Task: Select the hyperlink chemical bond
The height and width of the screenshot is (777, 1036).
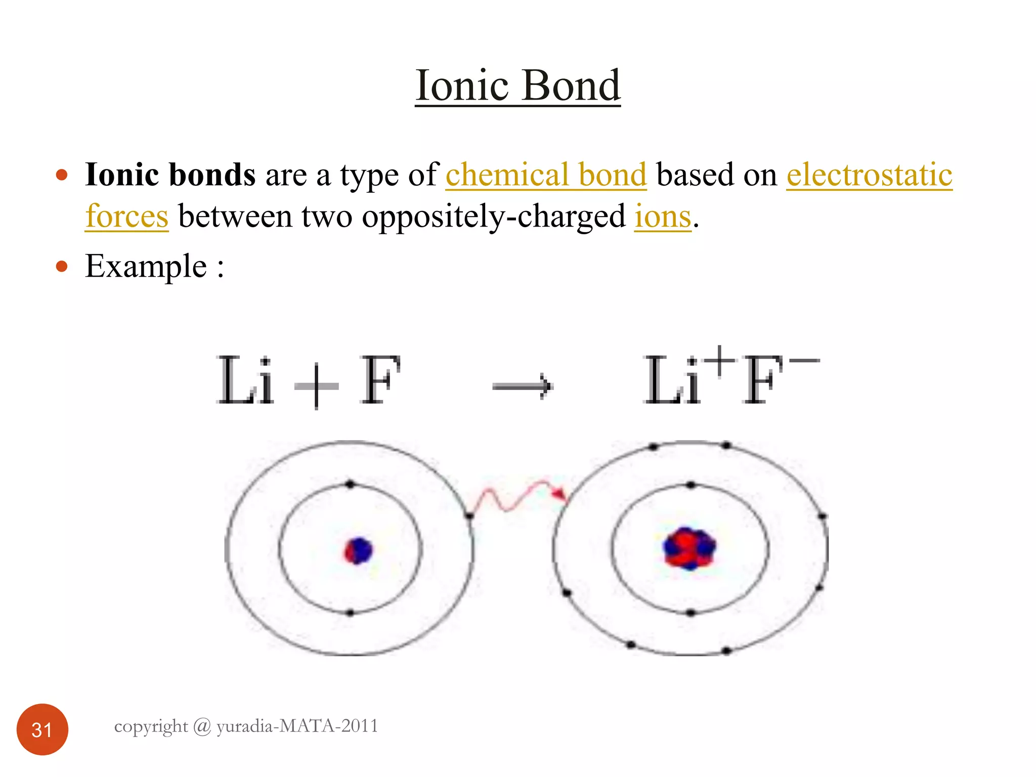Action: [546, 175]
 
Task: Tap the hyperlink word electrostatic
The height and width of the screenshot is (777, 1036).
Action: [869, 175]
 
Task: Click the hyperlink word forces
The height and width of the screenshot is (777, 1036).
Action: [126, 217]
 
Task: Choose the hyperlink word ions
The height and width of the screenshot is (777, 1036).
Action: [663, 217]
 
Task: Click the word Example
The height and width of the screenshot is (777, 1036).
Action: [146, 267]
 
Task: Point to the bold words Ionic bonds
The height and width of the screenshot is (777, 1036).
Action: [170, 175]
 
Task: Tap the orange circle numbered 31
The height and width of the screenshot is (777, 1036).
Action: [42, 729]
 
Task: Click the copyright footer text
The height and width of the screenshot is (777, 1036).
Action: [246, 726]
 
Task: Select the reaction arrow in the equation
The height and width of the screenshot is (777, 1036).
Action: [523, 386]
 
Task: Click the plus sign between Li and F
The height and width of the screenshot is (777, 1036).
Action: [316, 386]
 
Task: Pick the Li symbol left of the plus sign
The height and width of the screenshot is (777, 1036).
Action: [245, 380]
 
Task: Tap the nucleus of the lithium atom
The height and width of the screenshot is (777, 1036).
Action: [358, 550]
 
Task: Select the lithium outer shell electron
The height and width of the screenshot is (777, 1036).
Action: [469, 516]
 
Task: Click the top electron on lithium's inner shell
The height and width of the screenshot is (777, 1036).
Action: [350, 485]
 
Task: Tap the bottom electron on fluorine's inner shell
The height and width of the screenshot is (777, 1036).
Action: [691, 613]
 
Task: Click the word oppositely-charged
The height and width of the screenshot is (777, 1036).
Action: [493, 217]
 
